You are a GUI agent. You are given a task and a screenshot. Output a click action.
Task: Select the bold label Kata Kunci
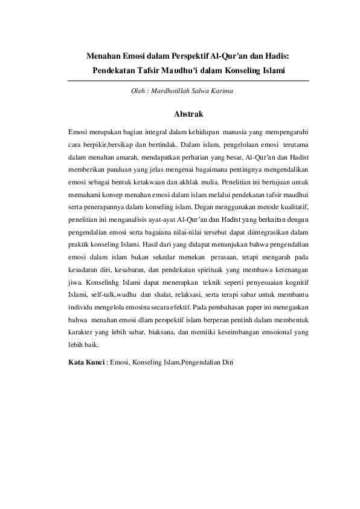coord(86,363)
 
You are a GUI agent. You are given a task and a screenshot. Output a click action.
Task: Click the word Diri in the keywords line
coord(226,363)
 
